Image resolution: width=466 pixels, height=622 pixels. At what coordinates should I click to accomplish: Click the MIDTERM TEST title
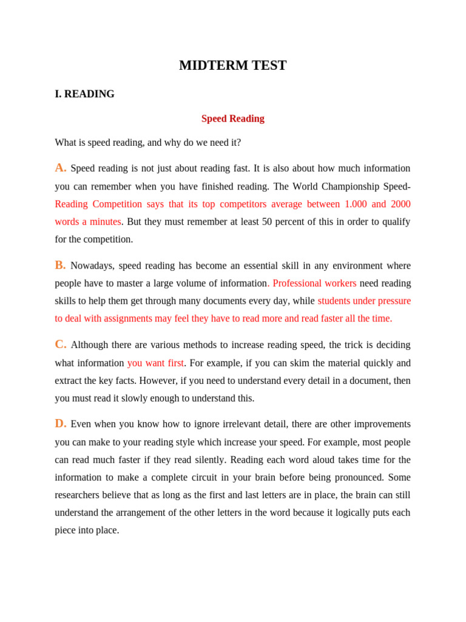232,66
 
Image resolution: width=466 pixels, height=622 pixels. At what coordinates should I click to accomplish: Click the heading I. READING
84,94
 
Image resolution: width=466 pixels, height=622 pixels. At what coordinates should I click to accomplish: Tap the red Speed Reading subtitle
232,118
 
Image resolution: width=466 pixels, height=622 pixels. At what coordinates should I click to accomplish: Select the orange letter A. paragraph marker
61,168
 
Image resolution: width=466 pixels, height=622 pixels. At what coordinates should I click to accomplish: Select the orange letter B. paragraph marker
61,265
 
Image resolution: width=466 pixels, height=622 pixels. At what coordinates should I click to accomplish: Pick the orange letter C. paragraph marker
61,344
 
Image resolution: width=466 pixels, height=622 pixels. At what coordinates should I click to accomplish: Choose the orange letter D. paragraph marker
61,423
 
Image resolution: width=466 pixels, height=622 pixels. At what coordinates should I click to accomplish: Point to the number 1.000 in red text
356,204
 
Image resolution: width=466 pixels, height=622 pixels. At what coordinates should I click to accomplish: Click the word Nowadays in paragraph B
91,265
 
